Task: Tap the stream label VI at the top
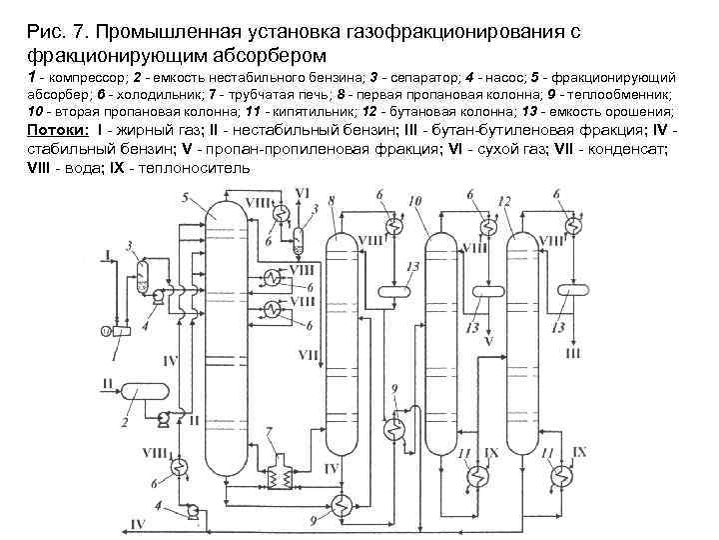coord(304,190)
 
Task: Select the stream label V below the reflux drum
coord(487,344)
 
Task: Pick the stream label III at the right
coord(572,352)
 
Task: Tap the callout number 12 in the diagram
coord(505,201)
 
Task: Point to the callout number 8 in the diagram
coord(331,200)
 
